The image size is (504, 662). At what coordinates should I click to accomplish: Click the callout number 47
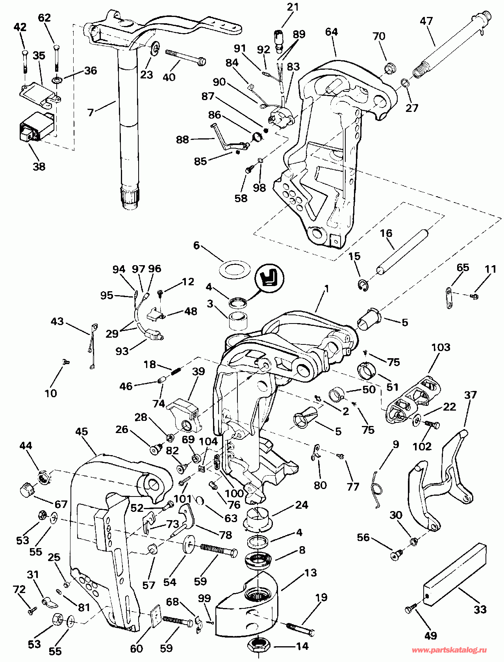coord(426,21)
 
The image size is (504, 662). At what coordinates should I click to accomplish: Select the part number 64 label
coord(332,32)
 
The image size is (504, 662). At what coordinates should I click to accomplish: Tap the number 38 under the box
coord(39,166)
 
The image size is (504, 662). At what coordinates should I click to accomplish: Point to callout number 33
coord(480,610)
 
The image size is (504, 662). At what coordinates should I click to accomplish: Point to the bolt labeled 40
coord(184,57)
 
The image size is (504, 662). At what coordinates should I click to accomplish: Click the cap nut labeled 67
coord(27,491)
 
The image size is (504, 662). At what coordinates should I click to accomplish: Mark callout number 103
coord(441,347)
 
